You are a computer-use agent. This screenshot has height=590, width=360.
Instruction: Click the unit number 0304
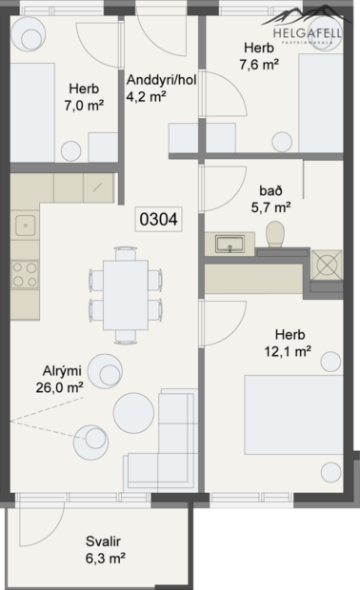(x=158, y=219)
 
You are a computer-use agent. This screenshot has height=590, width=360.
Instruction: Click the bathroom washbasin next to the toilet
(x=228, y=245)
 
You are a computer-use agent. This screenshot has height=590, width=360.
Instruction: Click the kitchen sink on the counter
(x=24, y=226)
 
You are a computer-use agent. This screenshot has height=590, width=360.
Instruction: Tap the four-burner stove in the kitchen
(x=24, y=275)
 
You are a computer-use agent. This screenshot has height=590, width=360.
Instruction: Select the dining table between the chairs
(x=125, y=293)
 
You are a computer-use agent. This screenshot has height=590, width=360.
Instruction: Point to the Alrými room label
(x=62, y=371)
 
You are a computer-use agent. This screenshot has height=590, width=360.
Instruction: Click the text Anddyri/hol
(x=159, y=79)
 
